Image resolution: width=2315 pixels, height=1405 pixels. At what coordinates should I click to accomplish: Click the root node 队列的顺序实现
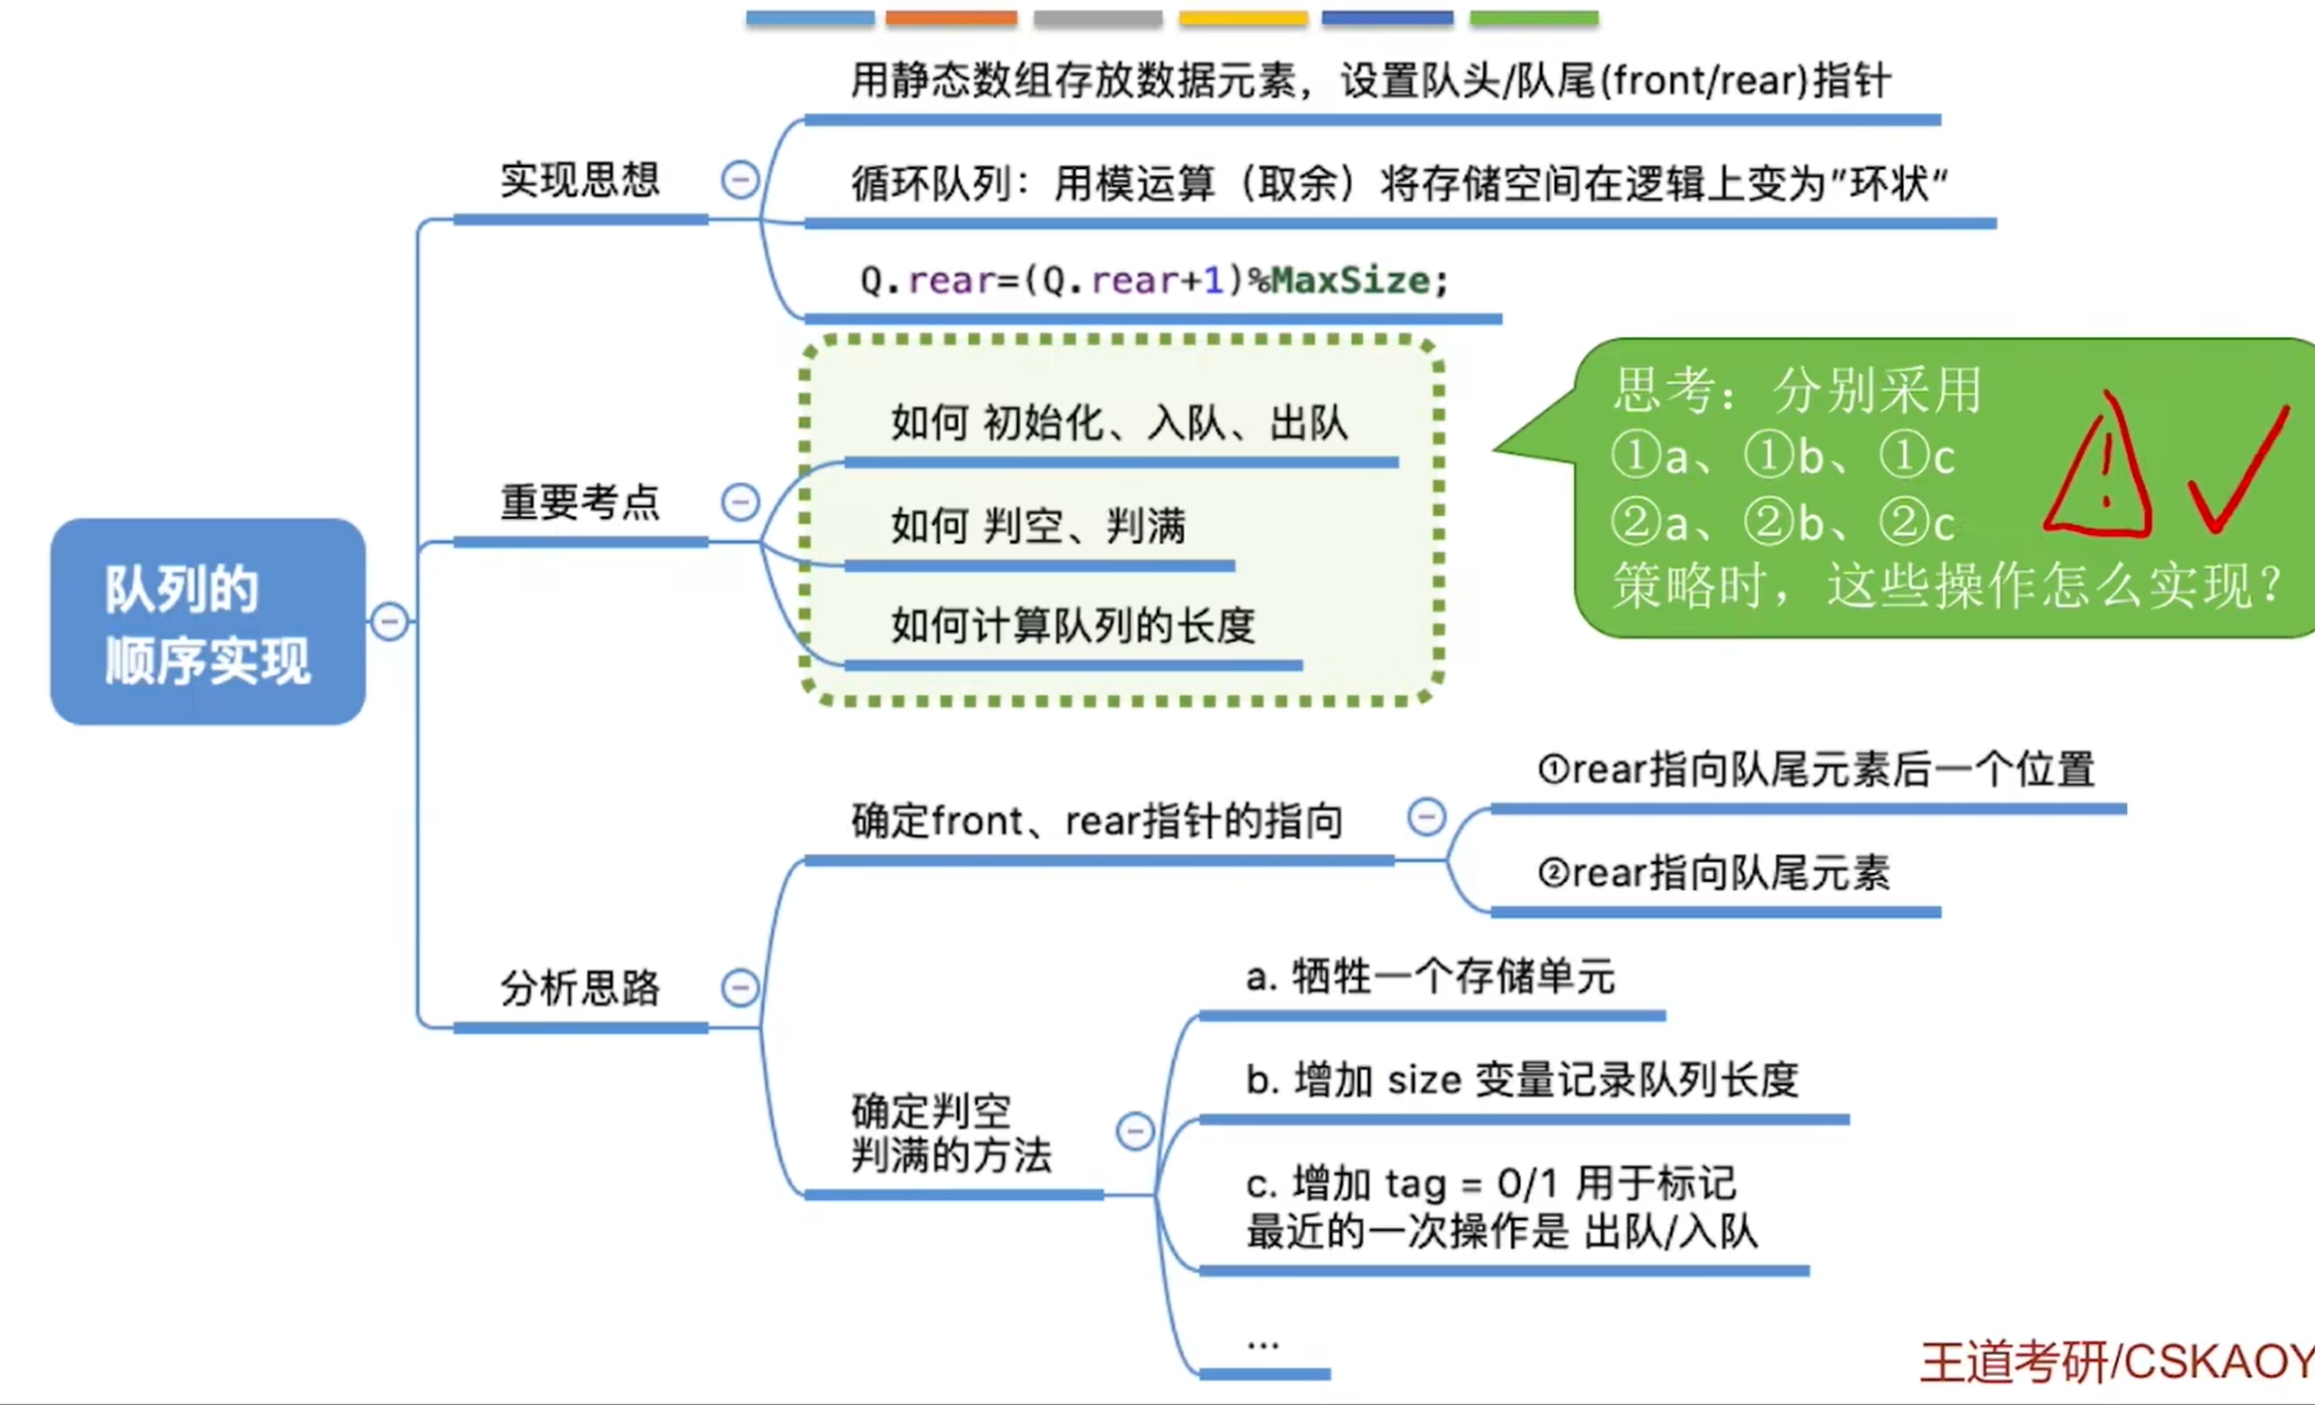coord(208,621)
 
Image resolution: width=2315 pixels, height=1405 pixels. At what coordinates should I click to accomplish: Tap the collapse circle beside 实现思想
coord(739,180)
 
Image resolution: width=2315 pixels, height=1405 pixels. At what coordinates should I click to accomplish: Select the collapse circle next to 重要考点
coord(739,501)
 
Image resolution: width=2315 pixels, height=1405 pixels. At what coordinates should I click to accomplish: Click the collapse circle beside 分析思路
coord(739,987)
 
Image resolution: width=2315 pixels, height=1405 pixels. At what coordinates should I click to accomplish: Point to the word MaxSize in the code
coord(1350,280)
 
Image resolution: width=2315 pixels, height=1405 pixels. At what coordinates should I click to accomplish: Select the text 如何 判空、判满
coord(1038,526)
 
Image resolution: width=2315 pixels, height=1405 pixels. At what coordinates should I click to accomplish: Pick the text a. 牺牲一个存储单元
coord(1430,977)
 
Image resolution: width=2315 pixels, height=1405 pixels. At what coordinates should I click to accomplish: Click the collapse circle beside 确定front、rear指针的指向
coord(1426,817)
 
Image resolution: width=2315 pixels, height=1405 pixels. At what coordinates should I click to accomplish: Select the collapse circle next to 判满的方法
coord(1134,1131)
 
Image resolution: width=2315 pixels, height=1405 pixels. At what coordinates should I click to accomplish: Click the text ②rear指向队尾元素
coord(1713,873)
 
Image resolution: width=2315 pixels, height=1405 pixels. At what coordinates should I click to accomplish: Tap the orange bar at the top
coord(951,18)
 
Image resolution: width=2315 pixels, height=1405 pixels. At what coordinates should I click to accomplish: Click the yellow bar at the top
coord(1243,18)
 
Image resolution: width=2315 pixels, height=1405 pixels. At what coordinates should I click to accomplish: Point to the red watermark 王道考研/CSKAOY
coord(2117,1361)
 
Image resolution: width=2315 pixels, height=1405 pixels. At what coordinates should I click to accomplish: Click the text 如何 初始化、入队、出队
coord(1119,424)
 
